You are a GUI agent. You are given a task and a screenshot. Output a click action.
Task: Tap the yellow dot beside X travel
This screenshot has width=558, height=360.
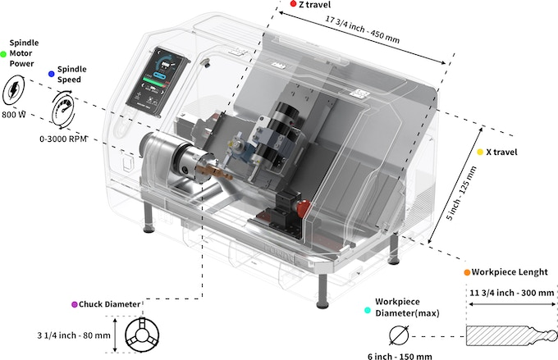[x=479, y=152]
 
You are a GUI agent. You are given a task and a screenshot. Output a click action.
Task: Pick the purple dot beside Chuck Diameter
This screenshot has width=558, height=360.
[x=74, y=304]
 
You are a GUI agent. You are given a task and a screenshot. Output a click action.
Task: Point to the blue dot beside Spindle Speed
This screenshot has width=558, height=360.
[x=51, y=73]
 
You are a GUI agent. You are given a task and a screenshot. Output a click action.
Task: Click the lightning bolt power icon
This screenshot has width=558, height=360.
[x=17, y=90]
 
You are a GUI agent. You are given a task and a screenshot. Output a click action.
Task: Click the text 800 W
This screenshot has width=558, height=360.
[x=15, y=115]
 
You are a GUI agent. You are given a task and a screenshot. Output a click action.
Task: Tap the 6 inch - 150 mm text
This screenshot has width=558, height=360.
[x=400, y=355]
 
